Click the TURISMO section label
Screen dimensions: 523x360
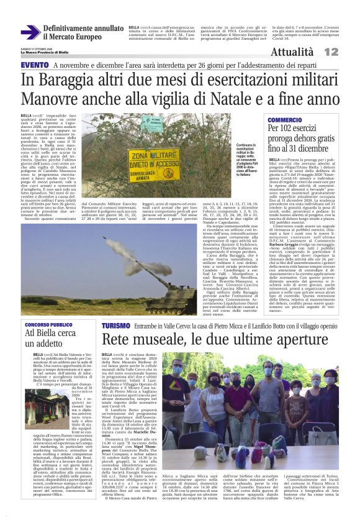point(117,325)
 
